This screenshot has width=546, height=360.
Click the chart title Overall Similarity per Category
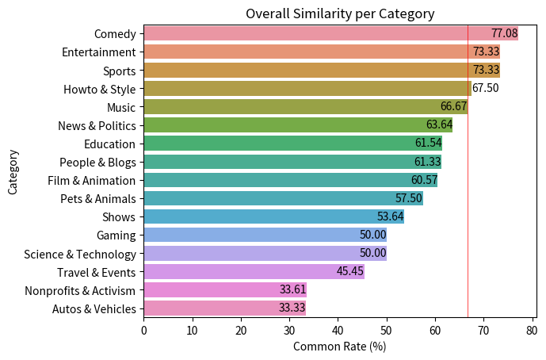[x=339, y=13]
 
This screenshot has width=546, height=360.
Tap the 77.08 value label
[x=504, y=33]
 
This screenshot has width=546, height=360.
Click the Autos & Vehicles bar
[x=224, y=308]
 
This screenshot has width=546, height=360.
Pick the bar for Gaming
[x=265, y=235]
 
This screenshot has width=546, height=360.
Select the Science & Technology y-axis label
[x=80, y=254]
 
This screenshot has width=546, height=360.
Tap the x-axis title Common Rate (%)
[x=339, y=347]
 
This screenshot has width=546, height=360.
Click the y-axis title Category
[x=13, y=171]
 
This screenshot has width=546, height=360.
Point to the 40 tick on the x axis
[x=338, y=329]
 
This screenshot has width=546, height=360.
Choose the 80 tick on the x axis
[x=532, y=329]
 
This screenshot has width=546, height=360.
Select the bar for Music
[x=305, y=107]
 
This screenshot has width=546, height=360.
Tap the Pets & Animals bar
[x=283, y=198]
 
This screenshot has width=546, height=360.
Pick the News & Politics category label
[x=97, y=125]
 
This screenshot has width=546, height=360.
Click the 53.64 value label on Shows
[x=390, y=216]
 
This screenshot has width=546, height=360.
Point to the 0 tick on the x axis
[x=143, y=329]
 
